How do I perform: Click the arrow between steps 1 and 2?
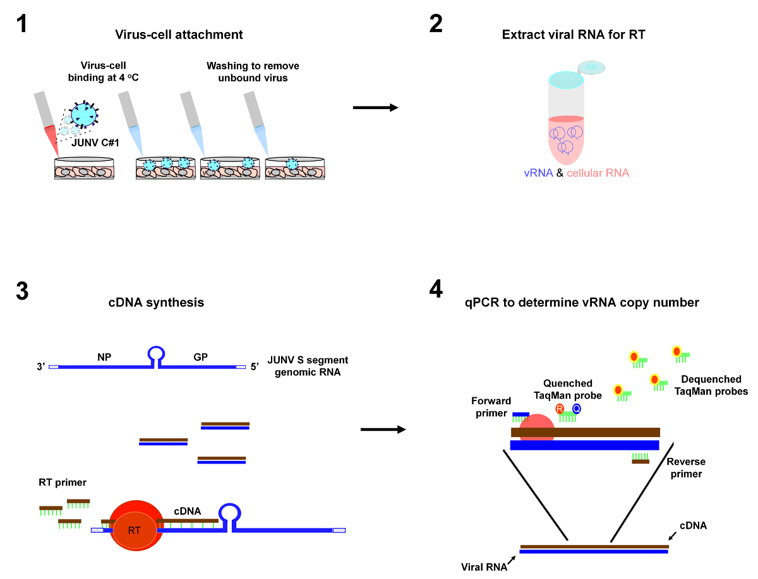click(x=375, y=108)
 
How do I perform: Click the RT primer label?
click(x=62, y=482)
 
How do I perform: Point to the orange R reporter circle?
click(x=559, y=409)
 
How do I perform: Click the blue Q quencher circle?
click(x=576, y=409)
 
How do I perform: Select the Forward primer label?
click(x=491, y=407)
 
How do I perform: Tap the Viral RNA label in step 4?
click(x=484, y=566)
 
